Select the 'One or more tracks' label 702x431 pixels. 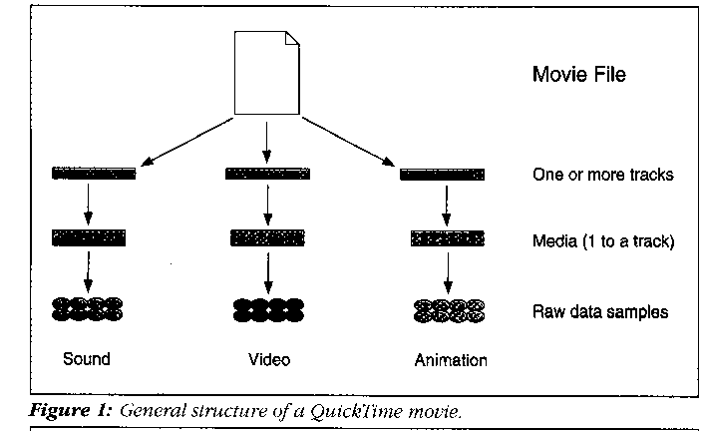pyautogui.click(x=603, y=175)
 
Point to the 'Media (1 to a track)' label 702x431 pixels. pyautogui.click(x=604, y=240)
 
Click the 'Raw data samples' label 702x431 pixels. pyautogui.click(x=600, y=312)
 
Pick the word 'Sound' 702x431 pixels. pyautogui.click(x=86, y=359)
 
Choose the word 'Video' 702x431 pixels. pyautogui.click(x=269, y=359)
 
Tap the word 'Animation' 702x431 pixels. pyautogui.click(x=451, y=360)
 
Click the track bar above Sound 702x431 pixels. pyautogui.click(x=93, y=175)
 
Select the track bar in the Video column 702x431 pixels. pyautogui.click(x=267, y=175)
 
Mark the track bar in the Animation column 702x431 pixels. pyautogui.click(x=442, y=175)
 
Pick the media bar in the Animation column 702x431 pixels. pyautogui.click(x=447, y=239)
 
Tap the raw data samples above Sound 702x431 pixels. pyautogui.click(x=88, y=309)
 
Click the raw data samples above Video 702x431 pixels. pyautogui.click(x=267, y=309)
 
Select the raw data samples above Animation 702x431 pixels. pyautogui.click(x=448, y=309)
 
